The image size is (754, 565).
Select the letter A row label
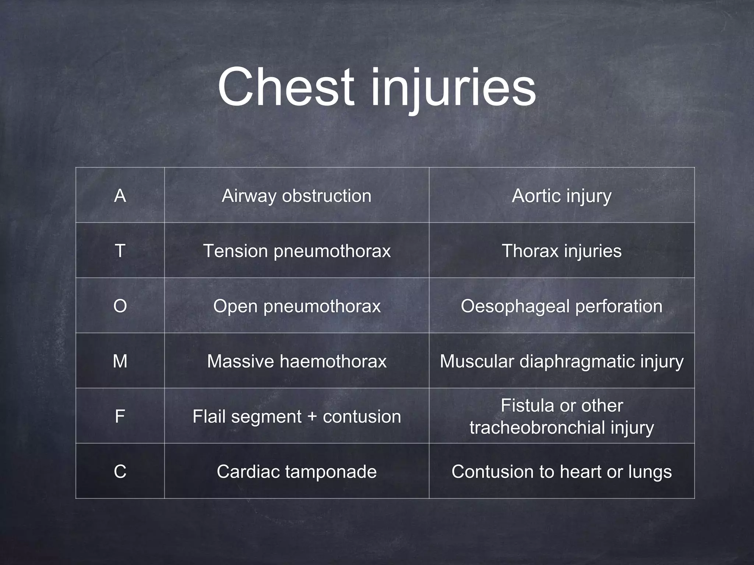[120, 196]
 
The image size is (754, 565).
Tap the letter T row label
[120, 251]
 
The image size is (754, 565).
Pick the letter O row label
[120, 306]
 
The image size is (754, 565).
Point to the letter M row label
[120, 361]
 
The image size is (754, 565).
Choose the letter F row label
[120, 416]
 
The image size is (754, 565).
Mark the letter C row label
[120, 472]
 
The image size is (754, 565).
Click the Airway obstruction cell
[296, 196]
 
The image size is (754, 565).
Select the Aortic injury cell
[561, 196]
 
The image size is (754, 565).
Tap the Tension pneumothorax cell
[296, 251]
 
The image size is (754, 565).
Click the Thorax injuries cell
[561, 251]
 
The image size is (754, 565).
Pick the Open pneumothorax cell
[296, 306]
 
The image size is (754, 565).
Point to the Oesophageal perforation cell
[561, 306]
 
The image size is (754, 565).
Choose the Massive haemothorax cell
[296, 361]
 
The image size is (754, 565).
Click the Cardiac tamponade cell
[296, 472]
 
